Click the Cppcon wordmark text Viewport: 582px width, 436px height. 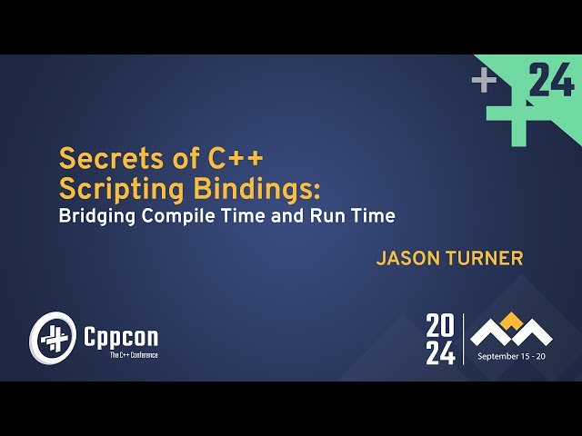[x=119, y=336]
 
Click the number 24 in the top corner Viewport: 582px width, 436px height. [x=551, y=81]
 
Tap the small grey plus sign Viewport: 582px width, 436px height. [x=484, y=81]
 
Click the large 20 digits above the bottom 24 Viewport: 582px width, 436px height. [x=440, y=325]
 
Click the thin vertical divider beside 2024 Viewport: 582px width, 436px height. [x=464, y=339]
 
